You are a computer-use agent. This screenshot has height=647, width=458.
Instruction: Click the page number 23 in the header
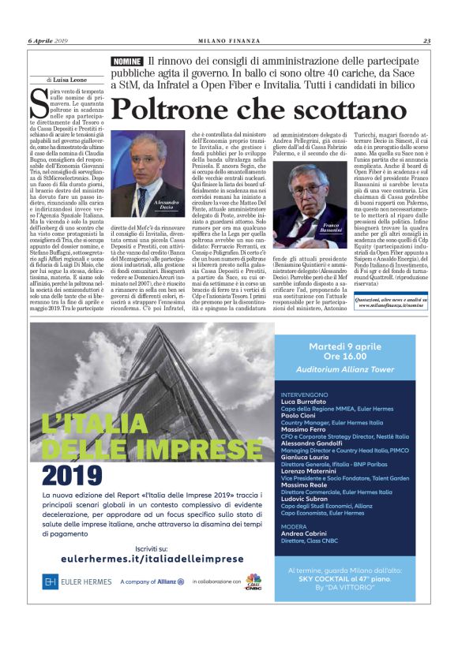coord(426,41)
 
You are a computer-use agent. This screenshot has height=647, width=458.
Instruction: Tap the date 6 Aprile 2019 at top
coord(50,41)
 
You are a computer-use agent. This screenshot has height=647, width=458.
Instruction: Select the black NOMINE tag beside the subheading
coord(127,62)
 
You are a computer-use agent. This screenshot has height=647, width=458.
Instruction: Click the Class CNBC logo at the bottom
coord(253,581)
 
